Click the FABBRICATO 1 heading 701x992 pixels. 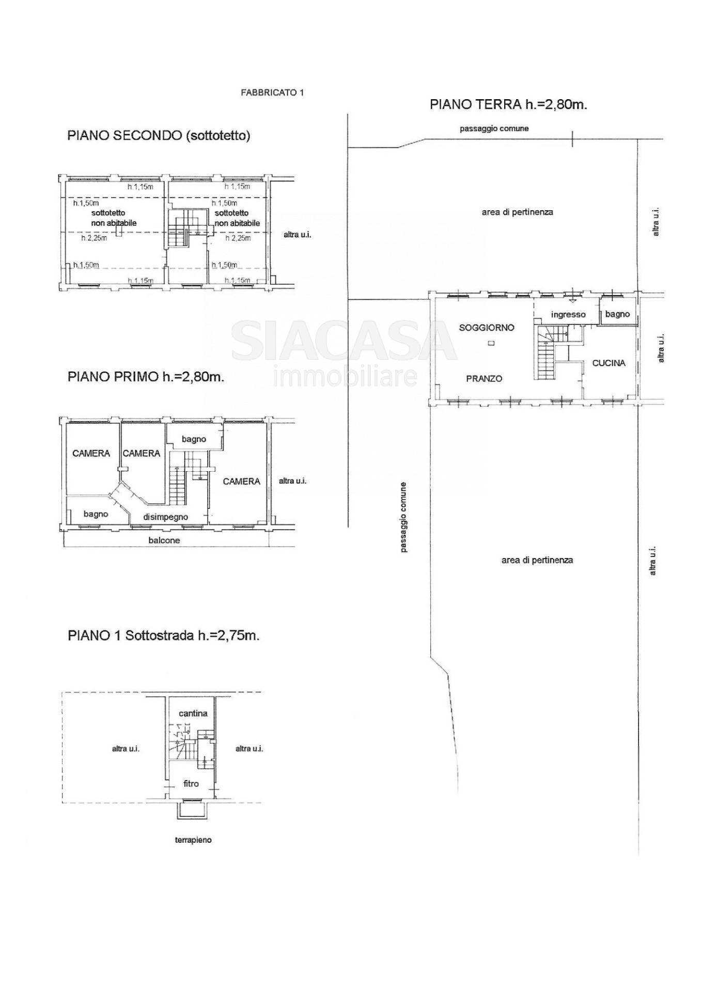(x=272, y=92)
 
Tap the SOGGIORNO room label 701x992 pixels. (x=487, y=328)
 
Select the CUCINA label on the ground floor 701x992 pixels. (x=609, y=363)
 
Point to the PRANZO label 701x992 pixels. (x=484, y=379)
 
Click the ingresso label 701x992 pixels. (x=568, y=314)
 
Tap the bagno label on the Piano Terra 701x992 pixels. (x=617, y=314)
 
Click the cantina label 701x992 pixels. (x=193, y=714)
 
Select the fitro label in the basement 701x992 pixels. (x=191, y=784)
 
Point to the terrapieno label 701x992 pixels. (x=193, y=840)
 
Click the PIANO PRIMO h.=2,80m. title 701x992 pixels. (x=146, y=377)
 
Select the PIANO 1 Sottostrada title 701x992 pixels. (x=163, y=636)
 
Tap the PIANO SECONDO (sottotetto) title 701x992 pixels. (x=159, y=136)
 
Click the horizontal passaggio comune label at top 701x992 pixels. (x=494, y=129)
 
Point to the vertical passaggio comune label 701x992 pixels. (x=404, y=518)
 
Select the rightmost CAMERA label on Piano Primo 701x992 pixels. (x=241, y=482)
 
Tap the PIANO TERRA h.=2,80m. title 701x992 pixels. (x=508, y=104)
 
